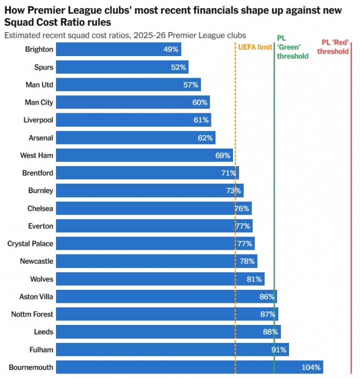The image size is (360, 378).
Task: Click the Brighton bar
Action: [118, 49]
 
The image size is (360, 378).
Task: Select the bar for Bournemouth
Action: [189, 367]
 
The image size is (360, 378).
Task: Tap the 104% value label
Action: [311, 367]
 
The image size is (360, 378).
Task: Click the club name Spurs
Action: [44, 67]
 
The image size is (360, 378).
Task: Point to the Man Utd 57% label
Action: [191, 85]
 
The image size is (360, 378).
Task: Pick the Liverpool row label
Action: [38, 120]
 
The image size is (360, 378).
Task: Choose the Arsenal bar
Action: [135, 138]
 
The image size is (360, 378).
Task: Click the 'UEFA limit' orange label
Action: [255, 47]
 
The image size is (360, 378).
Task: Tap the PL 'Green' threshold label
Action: [292, 47]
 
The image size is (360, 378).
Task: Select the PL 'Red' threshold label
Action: [335, 47]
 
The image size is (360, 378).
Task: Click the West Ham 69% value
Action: [223, 155]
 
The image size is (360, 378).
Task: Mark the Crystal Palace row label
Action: [30, 244]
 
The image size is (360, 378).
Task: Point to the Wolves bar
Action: [160, 279]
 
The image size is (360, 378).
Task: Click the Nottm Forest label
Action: [32, 314]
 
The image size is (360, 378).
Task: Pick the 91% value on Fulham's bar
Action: [279, 349]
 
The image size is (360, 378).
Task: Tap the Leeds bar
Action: [168, 332]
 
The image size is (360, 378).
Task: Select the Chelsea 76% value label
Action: [242, 208]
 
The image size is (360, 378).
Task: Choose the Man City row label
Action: [39, 103]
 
